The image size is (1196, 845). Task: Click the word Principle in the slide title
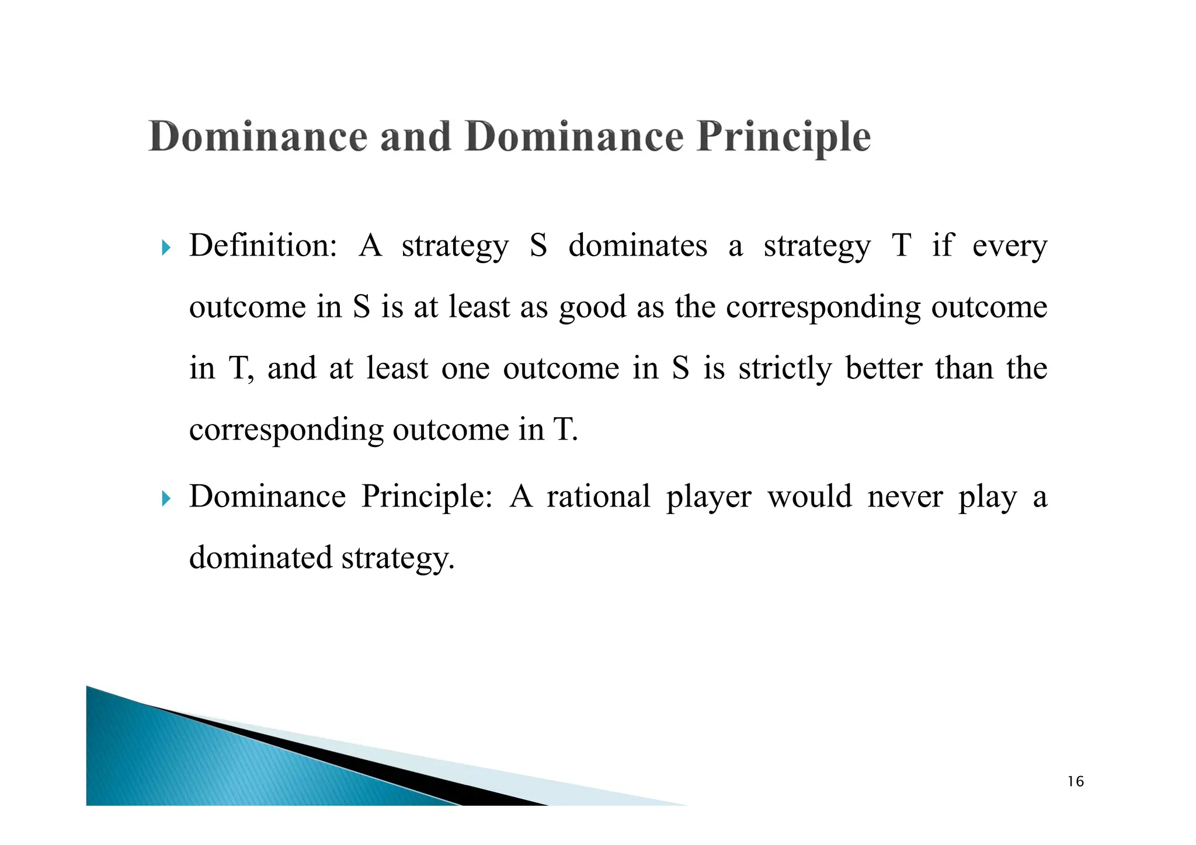783,138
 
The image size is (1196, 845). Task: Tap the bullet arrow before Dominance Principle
166,499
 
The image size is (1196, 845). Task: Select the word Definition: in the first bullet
263,246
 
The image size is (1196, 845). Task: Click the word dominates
638,246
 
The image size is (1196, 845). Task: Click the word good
592,308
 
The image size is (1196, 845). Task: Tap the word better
884,368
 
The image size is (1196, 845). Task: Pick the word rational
598,497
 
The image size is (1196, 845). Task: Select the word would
809,497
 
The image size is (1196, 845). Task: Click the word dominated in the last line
260,558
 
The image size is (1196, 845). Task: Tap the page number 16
1075,782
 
